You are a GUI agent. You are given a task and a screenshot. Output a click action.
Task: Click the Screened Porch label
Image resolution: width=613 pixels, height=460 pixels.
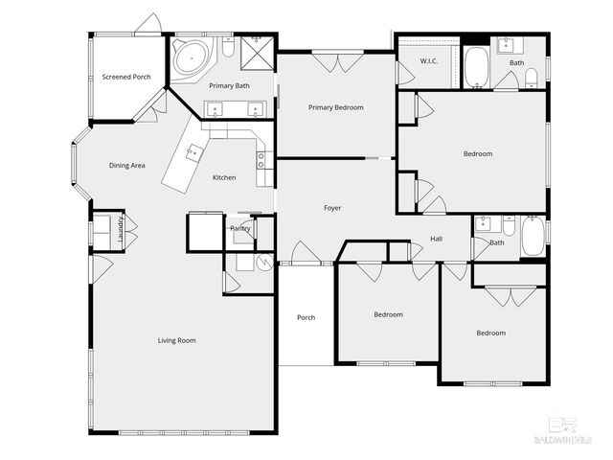(127, 76)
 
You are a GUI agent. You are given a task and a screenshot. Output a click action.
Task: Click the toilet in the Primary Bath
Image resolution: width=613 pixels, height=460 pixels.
(228, 46)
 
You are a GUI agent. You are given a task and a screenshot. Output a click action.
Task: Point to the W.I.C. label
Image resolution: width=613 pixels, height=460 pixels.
(428, 62)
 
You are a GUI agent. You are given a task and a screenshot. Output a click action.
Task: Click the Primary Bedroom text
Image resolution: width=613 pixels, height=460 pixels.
(335, 107)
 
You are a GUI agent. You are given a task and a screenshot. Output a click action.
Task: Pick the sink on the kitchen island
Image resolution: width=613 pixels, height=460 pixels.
(195, 151)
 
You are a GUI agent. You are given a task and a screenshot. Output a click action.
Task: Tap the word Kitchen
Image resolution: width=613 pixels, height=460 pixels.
(224, 177)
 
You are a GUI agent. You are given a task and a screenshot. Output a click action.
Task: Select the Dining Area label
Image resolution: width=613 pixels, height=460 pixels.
(126, 166)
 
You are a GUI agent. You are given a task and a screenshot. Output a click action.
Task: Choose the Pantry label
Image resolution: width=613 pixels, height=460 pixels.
(240, 228)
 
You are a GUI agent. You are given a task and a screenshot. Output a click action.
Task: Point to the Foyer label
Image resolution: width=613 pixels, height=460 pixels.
(331, 208)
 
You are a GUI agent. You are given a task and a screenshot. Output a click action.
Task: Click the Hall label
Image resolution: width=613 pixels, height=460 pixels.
(436, 239)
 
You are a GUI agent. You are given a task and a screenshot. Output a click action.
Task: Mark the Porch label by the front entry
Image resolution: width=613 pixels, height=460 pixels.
(306, 317)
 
